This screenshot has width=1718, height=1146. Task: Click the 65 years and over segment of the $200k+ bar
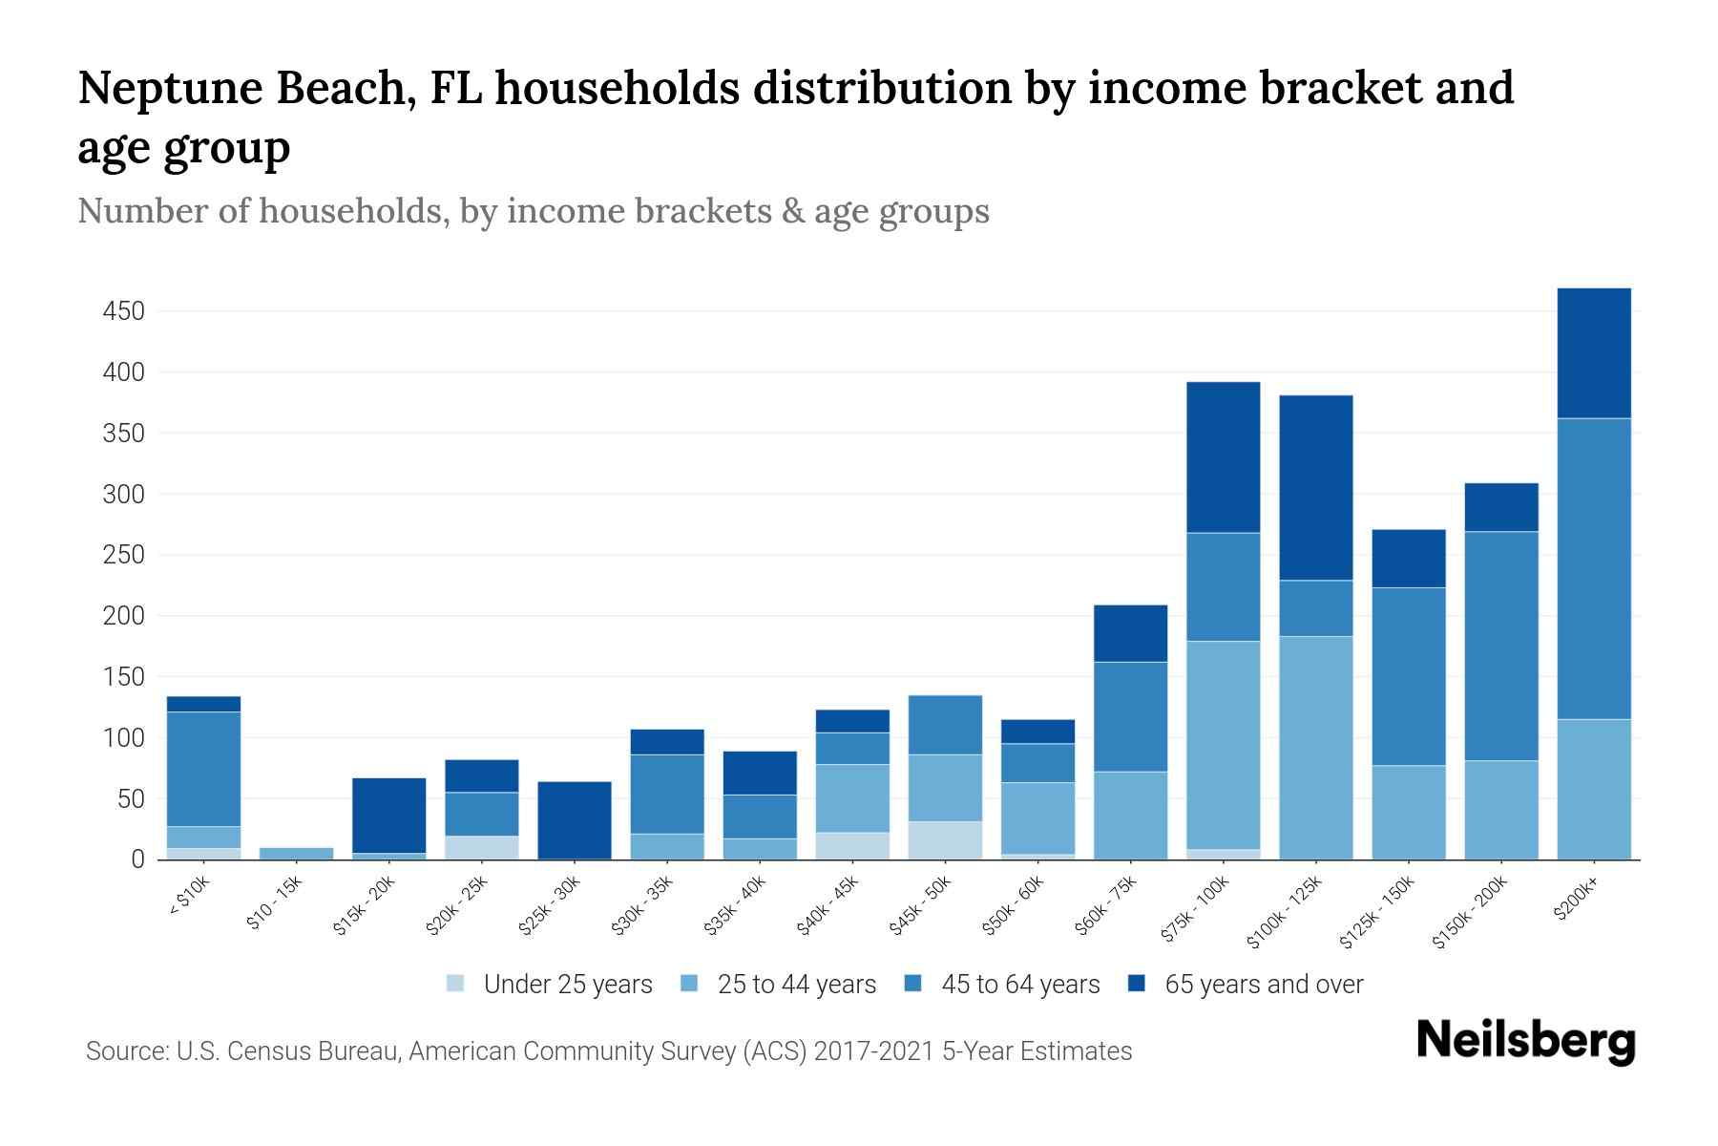tap(1593, 352)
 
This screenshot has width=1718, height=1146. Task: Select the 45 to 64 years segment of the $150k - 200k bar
tap(1500, 646)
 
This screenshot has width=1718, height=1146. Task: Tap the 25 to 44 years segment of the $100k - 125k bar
tap(1315, 747)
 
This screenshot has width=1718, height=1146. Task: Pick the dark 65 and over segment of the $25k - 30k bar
tap(574, 819)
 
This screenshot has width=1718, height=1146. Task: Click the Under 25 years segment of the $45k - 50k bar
tap(945, 839)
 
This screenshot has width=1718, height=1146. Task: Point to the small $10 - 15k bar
tap(296, 853)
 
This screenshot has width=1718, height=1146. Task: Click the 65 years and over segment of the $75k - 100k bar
tap(1223, 456)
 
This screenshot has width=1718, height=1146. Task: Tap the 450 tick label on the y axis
tap(125, 311)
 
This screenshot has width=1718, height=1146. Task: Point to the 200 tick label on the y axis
tap(125, 616)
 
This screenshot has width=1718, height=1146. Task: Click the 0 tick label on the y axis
tap(137, 859)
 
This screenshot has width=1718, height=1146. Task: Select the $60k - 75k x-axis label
tap(1107, 905)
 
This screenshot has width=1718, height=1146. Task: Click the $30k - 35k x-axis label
tap(643, 905)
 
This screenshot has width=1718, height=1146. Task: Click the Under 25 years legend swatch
tap(456, 984)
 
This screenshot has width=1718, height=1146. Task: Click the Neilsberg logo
tap(1525, 1040)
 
